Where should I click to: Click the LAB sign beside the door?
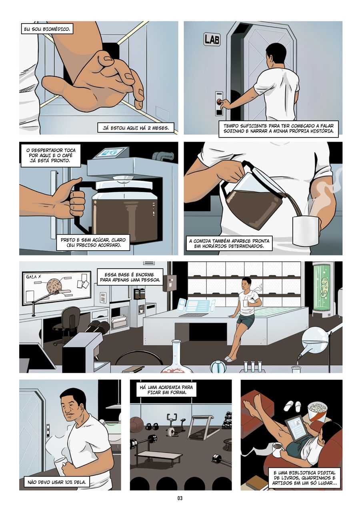(212, 39)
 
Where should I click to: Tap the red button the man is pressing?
(219, 101)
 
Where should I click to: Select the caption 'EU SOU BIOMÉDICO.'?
(47, 29)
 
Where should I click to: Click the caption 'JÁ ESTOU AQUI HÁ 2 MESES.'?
(136, 128)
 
